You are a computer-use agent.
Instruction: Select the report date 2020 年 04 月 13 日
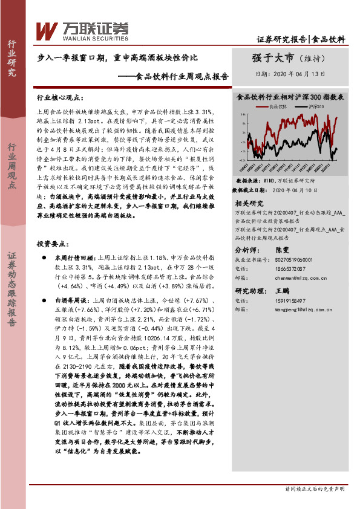291,74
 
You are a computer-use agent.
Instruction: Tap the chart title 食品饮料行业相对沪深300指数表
290,96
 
